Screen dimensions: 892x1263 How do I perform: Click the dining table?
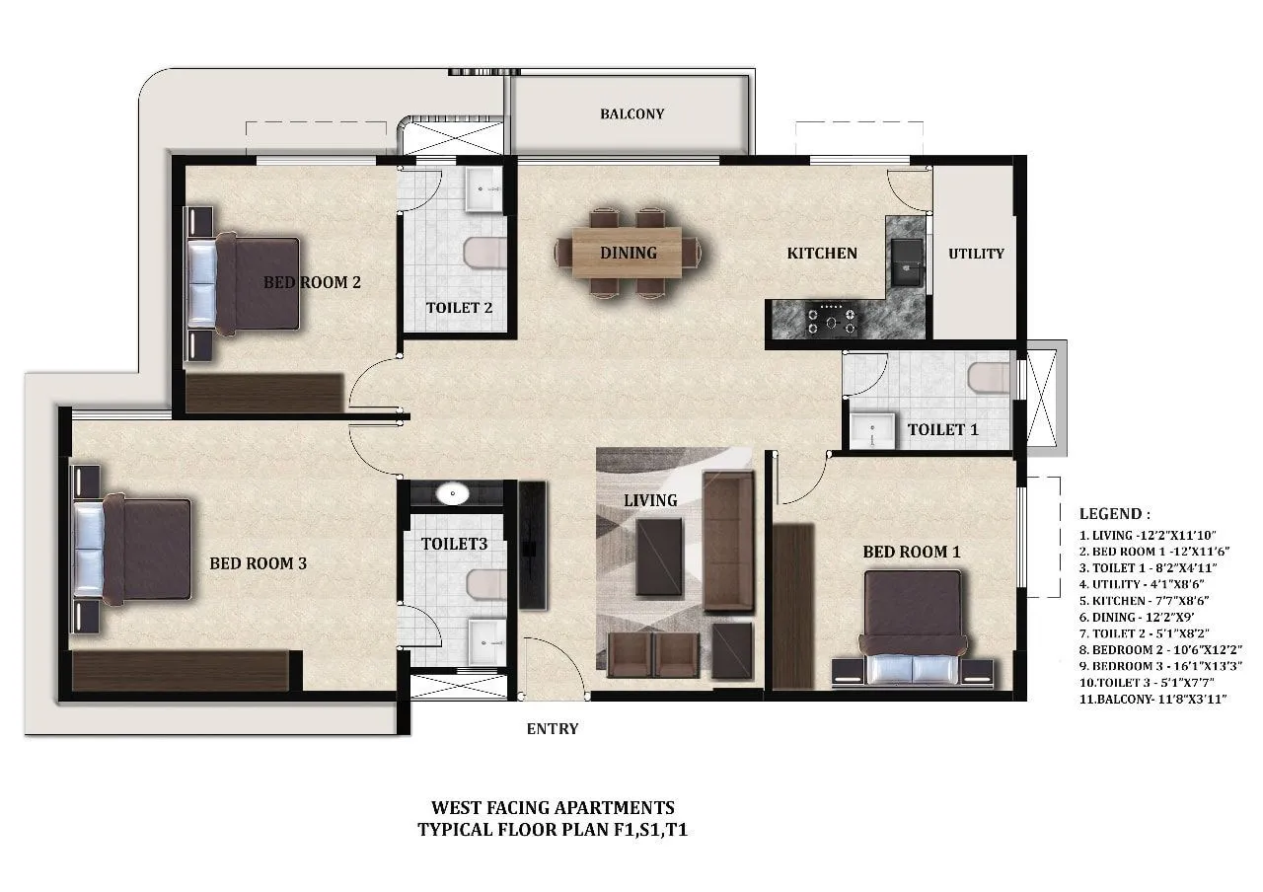tap(628, 253)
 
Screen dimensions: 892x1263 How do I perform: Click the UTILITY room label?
tap(976, 254)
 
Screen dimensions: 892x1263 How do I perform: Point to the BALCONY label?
tap(632, 113)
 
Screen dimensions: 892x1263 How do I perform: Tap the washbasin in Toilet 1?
tap(871, 431)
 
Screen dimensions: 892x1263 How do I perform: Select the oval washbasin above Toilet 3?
tap(452, 493)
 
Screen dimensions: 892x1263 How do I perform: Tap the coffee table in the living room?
tap(659, 557)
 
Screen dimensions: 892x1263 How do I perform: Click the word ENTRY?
tap(553, 729)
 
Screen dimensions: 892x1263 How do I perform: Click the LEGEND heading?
tap(1114, 514)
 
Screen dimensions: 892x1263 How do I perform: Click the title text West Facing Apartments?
tap(553, 808)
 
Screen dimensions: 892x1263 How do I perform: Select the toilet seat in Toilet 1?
tap(989, 378)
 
